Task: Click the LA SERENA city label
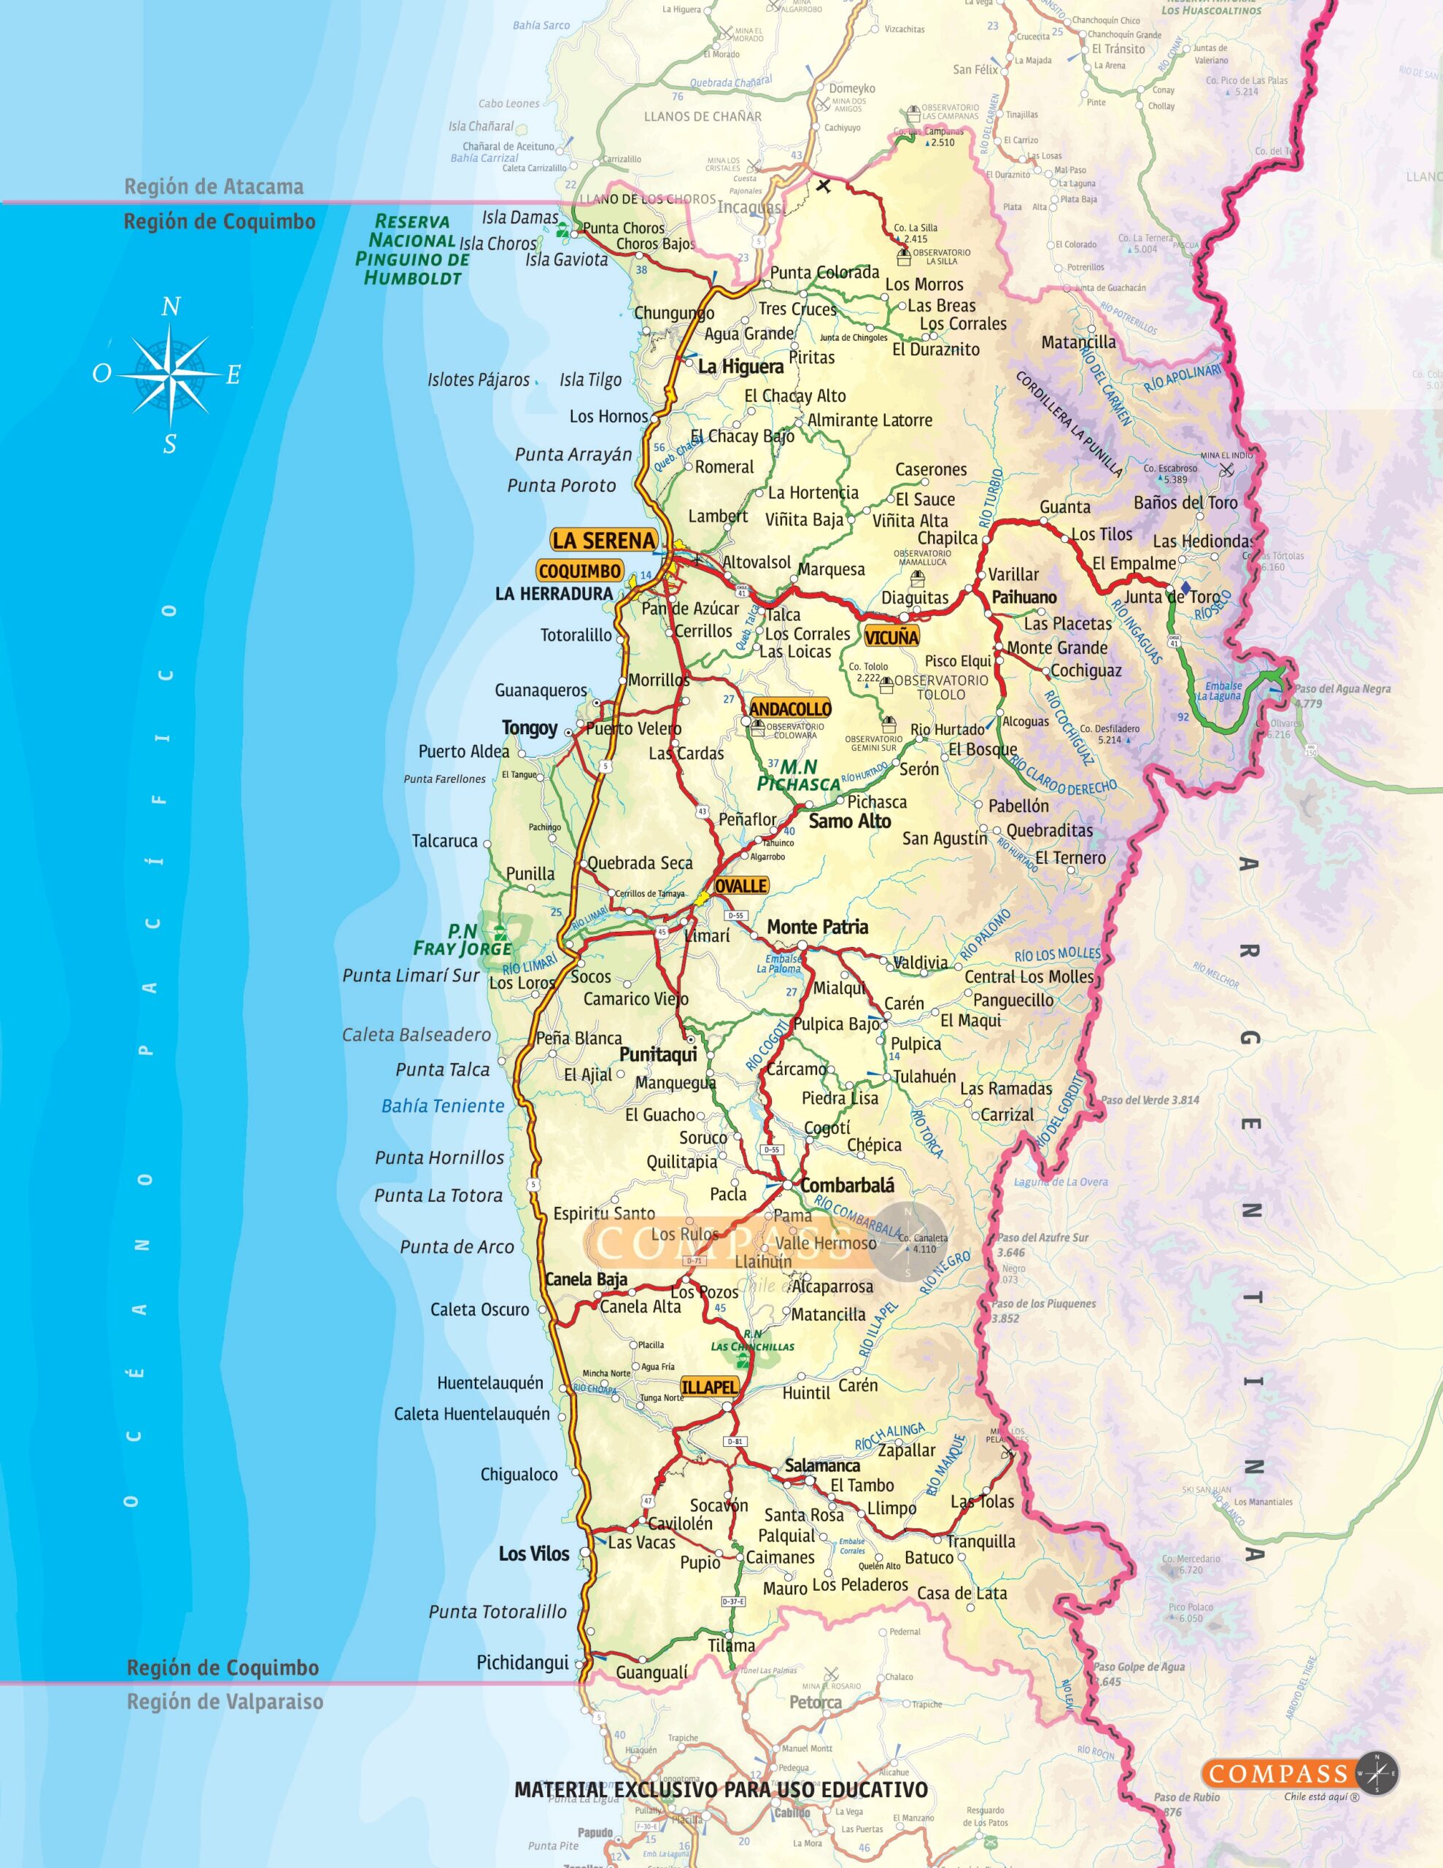click(603, 541)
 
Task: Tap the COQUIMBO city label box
click(580, 571)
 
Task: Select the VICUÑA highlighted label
click(891, 637)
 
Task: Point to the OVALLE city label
click(740, 886)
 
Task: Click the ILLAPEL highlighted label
click(709, 1386)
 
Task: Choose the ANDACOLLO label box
click(789, 709)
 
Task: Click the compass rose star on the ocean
click(170, 374)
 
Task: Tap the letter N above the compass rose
click(171, 307)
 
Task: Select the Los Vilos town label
click(534, 1554)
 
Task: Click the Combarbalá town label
click(847, 1186)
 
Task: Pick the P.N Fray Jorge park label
click(463, 940)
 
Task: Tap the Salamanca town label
click(822, 1466)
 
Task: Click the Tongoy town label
click(530, 728)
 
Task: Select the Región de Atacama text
click(214, 187)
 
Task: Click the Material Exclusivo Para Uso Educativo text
click(720, 1789)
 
